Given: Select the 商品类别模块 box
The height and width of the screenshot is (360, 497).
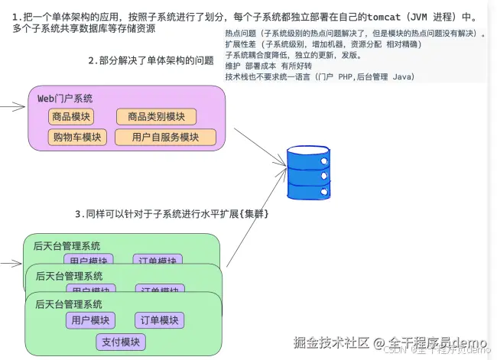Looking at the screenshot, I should point(156,117).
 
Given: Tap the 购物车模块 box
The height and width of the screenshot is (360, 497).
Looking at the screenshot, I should point(77,138).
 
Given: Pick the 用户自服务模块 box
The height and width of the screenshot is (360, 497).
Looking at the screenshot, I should point(165,138).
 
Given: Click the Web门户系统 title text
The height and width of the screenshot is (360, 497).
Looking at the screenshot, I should point(65,99).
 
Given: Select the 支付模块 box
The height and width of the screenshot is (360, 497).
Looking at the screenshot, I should point(122,342).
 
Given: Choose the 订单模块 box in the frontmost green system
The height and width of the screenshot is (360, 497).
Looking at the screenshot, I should point(158,320).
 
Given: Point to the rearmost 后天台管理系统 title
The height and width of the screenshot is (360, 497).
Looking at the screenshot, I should point(67,246).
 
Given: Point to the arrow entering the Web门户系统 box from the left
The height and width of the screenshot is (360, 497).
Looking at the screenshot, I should point(11,107).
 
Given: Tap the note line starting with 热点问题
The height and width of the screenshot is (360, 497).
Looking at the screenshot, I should point(356,34).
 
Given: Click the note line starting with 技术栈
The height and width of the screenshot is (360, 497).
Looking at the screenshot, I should point(320,77).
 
